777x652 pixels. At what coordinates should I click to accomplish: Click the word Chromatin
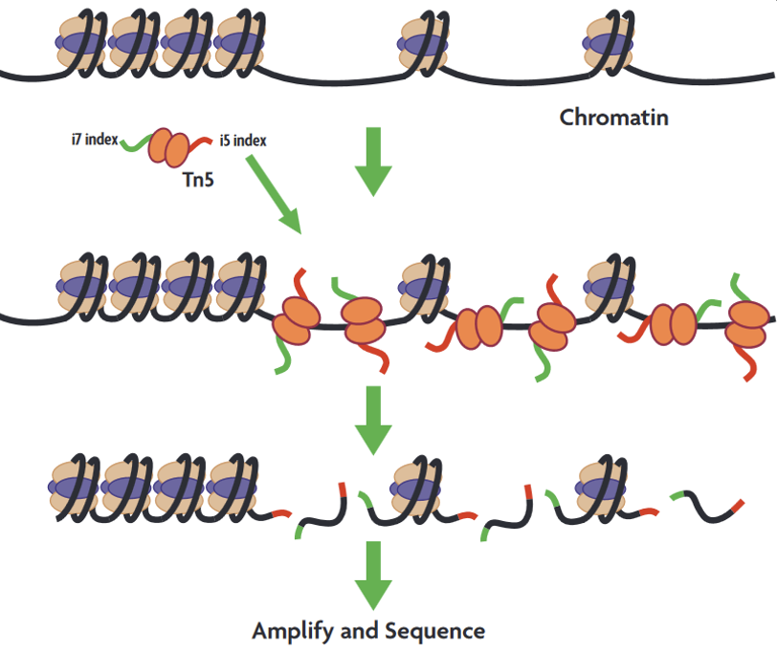point(614,118)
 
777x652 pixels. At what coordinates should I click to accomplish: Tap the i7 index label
point(95,140)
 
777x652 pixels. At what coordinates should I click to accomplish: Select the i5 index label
point(243,141)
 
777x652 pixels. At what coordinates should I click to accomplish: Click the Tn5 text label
point(198,180)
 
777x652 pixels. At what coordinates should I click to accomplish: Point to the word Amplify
point(293,632)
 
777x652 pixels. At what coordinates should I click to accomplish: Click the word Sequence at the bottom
point(434,631)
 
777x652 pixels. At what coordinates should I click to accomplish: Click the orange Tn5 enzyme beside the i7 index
point(169,147)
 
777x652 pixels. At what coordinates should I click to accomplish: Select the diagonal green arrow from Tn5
point(274,194)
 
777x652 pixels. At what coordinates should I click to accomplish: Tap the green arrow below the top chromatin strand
point(373,162)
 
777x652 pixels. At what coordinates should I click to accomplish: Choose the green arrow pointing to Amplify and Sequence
point(373,576)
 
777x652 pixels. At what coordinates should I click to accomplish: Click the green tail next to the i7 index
point(135,143)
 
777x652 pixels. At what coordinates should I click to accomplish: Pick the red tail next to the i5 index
point(200,143)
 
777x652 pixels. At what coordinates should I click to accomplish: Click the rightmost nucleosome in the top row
point(609,44)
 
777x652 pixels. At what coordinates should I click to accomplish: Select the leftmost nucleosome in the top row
point(80,44)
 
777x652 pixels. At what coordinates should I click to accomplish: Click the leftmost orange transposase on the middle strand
point(296,320)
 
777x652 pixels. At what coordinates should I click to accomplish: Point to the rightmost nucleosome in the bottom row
point(601,489)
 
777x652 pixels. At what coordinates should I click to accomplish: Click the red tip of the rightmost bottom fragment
point(738,507)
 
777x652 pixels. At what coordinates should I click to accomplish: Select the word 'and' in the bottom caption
point(359,631)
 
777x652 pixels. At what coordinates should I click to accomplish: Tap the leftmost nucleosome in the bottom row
point(75,488)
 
